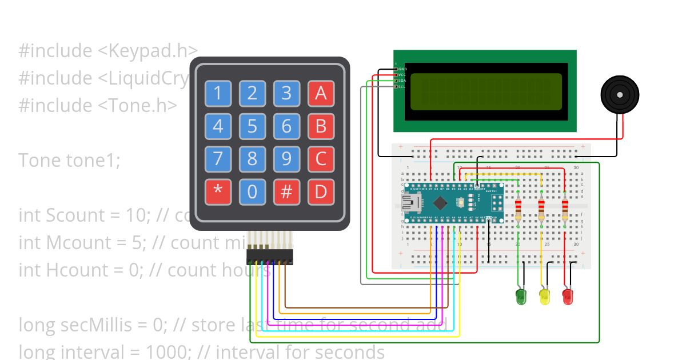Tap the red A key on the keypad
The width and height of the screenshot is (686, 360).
pos(321,93)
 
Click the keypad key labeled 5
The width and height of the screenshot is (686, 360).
pos(252,126)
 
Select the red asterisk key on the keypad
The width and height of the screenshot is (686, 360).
pos(218,192)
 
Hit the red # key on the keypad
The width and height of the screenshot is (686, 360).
pos(286,192)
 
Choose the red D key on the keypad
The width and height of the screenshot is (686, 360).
pos(321,192)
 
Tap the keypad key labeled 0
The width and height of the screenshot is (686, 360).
pos(252,192)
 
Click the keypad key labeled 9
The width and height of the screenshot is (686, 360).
pos(286,159)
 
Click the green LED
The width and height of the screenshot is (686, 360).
pos(521,296)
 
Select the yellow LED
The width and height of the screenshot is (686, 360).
pos(544,296)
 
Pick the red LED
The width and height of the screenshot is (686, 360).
pos(568,296)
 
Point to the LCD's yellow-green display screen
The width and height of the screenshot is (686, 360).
pos(485,91)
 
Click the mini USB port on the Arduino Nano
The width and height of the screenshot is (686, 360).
pos(410,203)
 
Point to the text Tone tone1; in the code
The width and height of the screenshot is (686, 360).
pos(69,161)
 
